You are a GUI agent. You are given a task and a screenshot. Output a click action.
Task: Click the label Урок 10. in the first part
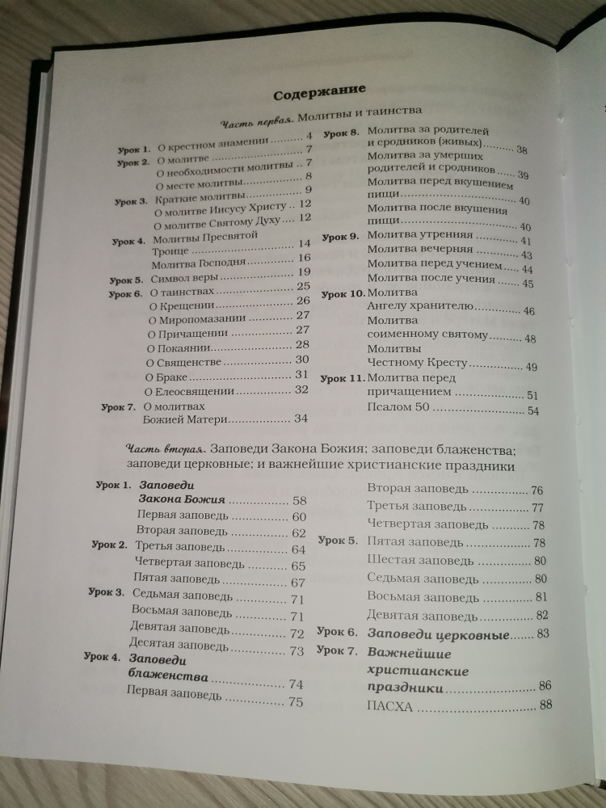343,293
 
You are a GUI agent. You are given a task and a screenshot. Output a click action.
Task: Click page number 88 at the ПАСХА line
545,705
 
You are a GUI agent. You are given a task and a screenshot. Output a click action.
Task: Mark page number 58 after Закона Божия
300,502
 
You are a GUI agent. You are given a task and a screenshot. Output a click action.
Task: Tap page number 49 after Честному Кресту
531,367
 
